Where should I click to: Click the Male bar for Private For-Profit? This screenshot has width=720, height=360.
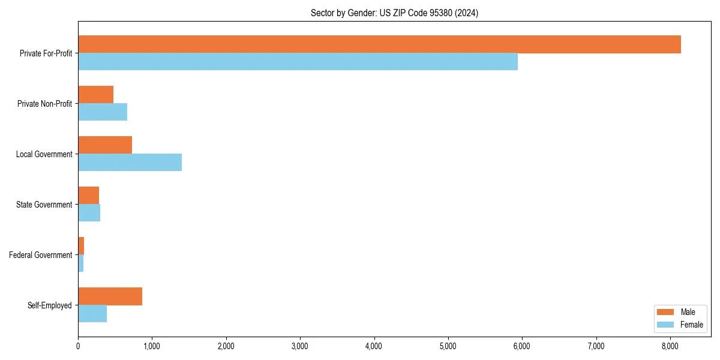click(379, 44)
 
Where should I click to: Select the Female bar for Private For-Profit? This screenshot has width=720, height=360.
click(298, 62)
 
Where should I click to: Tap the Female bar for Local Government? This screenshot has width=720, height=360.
click(130, 163)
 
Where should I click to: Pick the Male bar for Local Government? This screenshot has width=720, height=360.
click(105, 145)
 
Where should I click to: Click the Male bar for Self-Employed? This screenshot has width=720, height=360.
click(110, 296)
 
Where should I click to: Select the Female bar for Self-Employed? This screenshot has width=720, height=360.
click(92, 314)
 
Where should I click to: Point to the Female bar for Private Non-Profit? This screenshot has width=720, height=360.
click(103, 112)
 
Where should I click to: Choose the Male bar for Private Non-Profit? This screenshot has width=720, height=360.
click(95, 95)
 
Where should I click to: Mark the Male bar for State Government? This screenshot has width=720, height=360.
click(88, 196)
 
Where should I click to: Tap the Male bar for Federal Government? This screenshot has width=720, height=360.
click(81, 246)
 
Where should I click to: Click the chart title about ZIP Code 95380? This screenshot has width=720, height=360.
click(394, 13)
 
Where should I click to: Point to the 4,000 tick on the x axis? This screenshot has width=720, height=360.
click(374, 346)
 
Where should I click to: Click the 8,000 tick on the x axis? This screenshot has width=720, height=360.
click(670, 346)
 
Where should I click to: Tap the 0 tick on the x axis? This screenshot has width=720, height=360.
click(78, 346)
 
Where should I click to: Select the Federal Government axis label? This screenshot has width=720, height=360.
click(41, 255)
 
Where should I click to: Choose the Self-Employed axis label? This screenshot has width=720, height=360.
click(50, 305)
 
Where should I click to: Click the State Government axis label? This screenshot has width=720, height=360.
click(44, 205)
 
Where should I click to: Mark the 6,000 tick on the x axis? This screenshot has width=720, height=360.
click(522, 346)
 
